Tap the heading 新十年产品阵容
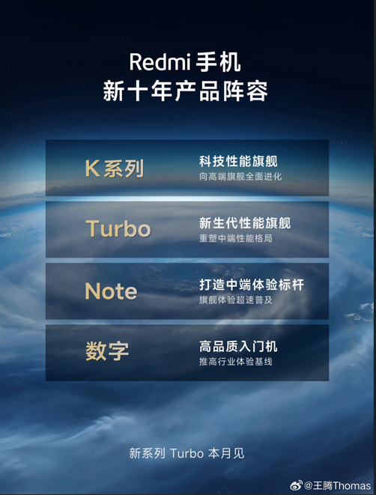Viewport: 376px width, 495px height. click(x=185, y=91)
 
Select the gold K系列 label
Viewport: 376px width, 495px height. click(x=114, y=168)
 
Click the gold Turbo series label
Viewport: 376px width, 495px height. click(x=118, y=229)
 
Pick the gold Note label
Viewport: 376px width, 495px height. click(x=111, y=291)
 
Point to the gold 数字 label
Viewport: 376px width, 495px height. click(x=107, y=351)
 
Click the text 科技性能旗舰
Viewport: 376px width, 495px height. click(x=238, y=162)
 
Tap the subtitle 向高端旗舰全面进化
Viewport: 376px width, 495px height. click(x=240, y=177)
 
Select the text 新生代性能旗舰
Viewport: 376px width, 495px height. click(x=245, y=223)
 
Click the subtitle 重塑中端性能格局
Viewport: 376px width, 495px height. click(x=235, y=238)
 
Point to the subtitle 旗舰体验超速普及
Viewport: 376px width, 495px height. click(x=235, y=300)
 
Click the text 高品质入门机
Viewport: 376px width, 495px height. click(x=238, y=347)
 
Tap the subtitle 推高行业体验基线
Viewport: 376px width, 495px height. click(x=235, y=362)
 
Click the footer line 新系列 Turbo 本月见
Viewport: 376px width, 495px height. click(x=187, y=453)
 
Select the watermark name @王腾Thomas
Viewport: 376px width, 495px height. click(x=337, y=485)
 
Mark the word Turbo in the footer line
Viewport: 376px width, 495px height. click(x=186, y=453)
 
